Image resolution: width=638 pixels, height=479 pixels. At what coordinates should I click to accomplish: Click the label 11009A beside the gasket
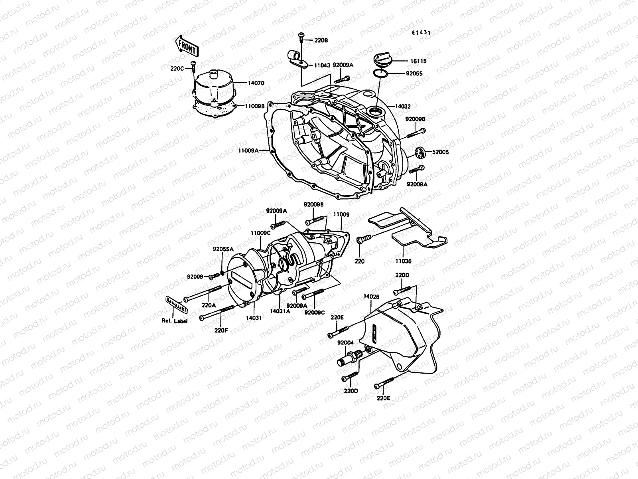[248, 150]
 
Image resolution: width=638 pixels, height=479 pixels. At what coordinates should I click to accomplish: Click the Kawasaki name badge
[176, 306]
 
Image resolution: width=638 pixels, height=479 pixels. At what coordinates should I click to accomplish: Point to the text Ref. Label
[174, 321]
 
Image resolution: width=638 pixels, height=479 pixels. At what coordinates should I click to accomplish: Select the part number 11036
[403, 261]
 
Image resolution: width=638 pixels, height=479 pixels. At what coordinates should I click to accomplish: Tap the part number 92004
[345, 342]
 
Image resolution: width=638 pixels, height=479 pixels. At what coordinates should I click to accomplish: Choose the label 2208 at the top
[321, 40]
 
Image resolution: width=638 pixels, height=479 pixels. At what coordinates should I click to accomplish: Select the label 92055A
[223, 249]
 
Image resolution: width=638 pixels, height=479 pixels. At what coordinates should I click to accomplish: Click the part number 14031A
[280, 311]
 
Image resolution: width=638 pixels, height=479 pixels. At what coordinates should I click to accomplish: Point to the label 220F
[221, 330]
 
